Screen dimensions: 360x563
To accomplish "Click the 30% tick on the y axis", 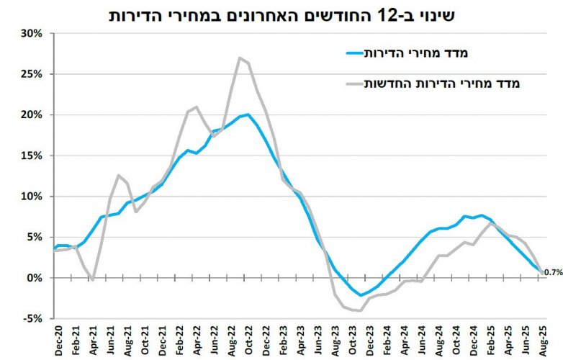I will (35, 33).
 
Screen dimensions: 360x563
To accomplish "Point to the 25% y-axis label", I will (35, 74).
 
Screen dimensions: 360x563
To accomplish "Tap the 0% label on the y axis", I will (38, 278).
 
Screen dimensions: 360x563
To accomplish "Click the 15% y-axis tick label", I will (35, 156).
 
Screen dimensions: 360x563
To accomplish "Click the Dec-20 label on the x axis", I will (55, 338).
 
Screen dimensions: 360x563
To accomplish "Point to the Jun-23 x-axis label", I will (318, 338).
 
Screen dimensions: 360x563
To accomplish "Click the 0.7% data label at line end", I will (552, 272).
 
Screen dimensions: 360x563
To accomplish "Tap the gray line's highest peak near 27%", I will (239, 58).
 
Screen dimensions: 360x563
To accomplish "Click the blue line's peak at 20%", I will (248, 114).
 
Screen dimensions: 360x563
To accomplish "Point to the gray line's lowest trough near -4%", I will (359, 310).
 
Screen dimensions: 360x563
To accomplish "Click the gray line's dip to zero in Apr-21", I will (94, 279).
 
